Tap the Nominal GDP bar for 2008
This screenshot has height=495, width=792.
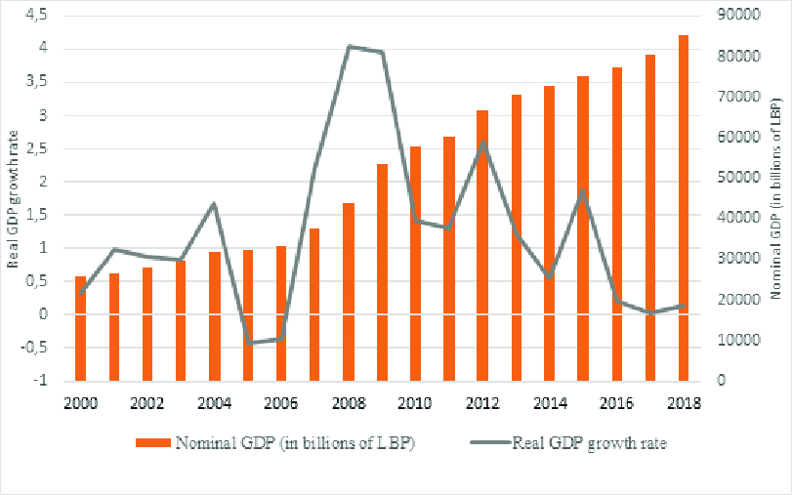coord(349,292)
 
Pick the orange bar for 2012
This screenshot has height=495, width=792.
coord(482,245)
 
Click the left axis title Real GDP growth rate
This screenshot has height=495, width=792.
coord(14,198)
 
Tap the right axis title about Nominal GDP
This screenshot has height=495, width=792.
coord(778,198)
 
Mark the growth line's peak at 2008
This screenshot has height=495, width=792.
coord(349,46)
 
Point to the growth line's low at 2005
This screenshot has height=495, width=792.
coord(249,343)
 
